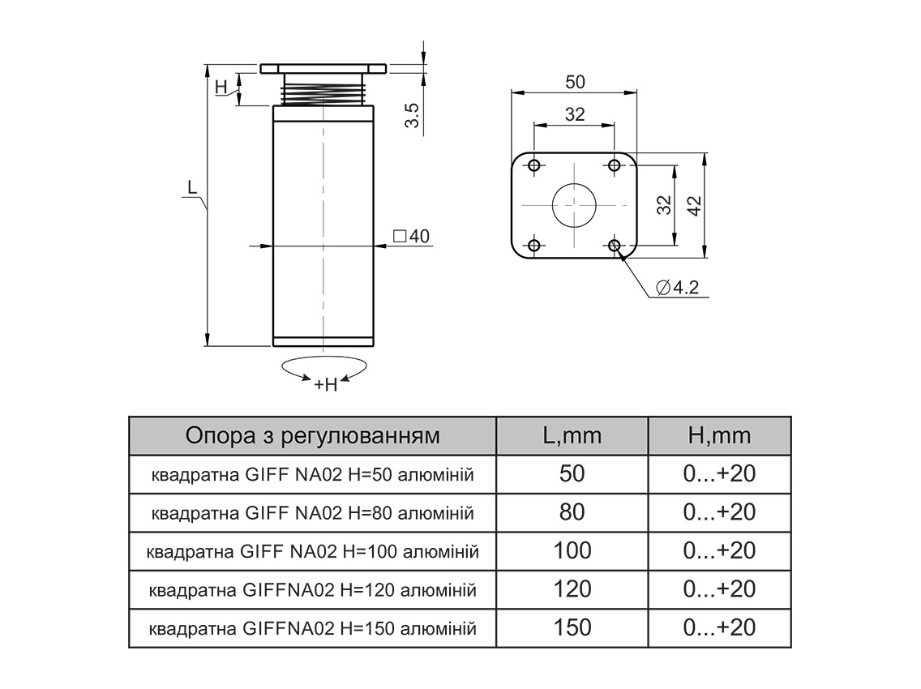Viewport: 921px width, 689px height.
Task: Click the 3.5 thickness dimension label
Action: [412, 115]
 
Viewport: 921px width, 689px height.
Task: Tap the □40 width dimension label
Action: [410, 237]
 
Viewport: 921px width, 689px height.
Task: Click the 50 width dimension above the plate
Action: [574, 82]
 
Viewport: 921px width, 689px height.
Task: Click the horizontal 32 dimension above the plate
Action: [574, 114]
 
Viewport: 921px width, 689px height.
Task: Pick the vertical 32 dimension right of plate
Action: [664, 205]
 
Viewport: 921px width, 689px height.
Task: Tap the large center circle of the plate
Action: [574, 204]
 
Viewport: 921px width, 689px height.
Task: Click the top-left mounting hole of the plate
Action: [533, 165]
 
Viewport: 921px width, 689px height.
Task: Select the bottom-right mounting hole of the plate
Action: [615, 245]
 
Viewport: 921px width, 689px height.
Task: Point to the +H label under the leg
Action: [325, 384]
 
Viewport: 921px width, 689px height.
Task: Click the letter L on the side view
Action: [192, 187]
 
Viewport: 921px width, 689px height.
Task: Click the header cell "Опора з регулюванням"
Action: [313, 436]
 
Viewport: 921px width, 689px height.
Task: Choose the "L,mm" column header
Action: [572, 436]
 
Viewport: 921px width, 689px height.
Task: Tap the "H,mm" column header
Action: [719, 436]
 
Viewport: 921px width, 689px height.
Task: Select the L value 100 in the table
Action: [572, 551]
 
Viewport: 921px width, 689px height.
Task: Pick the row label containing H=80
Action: [313, 513]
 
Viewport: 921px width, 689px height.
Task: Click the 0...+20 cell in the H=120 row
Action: [719, 589]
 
